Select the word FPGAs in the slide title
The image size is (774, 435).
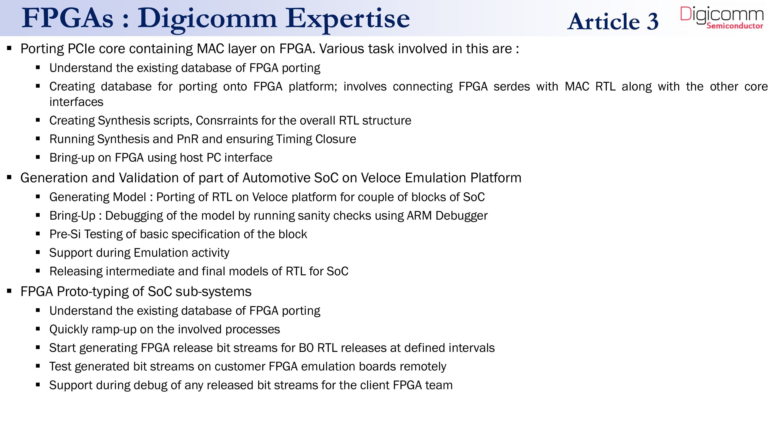click(68, 18)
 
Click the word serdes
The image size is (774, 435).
click(512, 86)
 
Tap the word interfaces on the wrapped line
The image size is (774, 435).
click(76, 102)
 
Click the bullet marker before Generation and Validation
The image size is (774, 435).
click(9, 178)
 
